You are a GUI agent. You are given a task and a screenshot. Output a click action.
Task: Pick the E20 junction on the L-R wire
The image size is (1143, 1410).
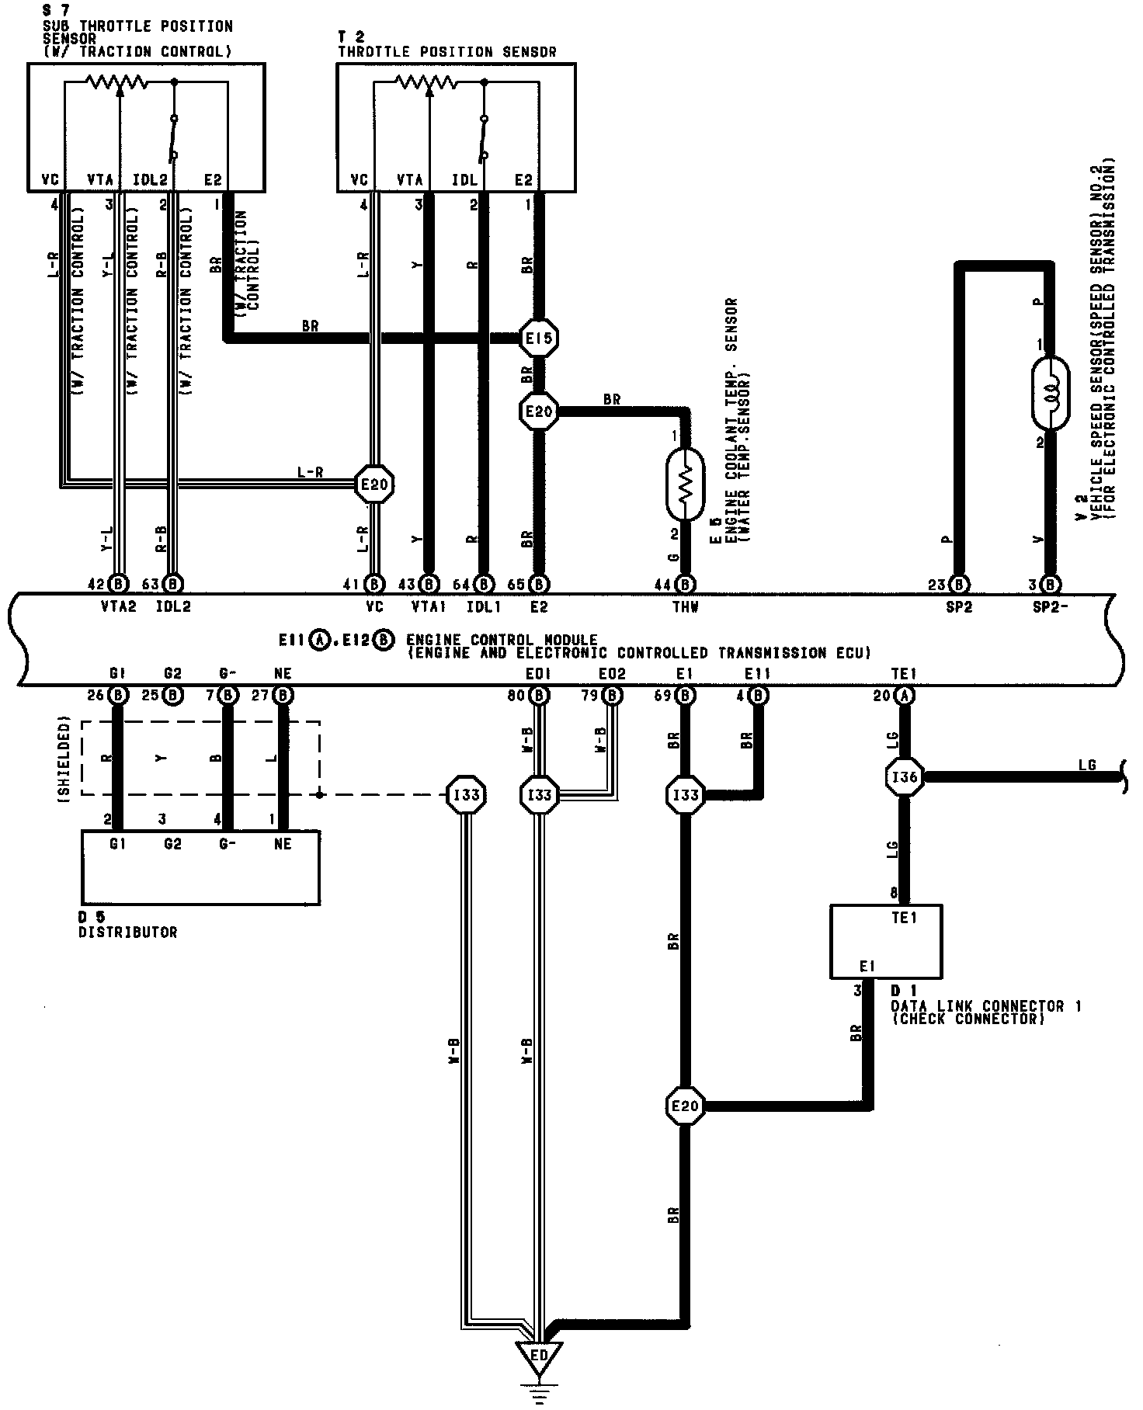[375, 485]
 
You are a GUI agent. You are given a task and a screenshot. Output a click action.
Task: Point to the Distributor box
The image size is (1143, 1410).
[200, 867]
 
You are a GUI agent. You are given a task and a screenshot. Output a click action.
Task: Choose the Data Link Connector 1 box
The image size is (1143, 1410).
[886, 941]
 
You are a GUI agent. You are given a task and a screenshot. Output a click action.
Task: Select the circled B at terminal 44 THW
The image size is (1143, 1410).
[685, 583]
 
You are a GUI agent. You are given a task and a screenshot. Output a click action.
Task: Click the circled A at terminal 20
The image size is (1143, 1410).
[905, 695]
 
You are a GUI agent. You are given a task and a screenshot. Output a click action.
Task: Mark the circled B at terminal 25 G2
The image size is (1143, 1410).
[174, 695]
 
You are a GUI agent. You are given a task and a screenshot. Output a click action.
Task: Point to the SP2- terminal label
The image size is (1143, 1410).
[1050, 607]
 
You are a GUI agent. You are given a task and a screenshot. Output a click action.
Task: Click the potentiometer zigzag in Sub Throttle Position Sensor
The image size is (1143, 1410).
[116, 82]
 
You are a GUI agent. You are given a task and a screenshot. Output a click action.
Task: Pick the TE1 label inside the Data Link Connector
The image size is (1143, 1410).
[904, 918]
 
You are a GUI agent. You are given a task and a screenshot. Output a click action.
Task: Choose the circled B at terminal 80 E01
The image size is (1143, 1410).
[538, 695]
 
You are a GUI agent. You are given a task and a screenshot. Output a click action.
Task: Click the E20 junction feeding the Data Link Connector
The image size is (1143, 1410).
[685, 1106]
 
